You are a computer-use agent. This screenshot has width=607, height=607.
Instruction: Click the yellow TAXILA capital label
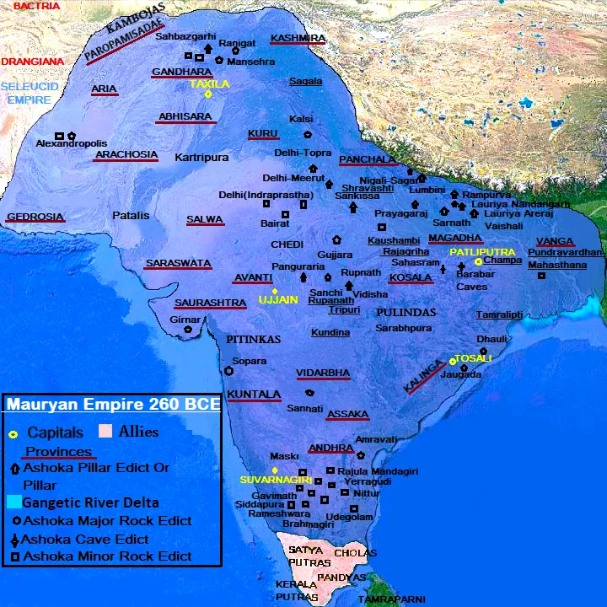209,84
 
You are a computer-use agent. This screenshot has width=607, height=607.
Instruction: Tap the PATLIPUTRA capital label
481,252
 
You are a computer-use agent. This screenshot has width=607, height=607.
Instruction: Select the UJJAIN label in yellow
277,300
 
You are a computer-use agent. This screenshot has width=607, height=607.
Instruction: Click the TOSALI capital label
473,358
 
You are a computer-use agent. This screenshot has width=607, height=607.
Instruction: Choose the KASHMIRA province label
298,39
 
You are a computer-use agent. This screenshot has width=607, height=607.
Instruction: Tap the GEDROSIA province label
35,217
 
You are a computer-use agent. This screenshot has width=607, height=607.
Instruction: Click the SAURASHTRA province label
210,303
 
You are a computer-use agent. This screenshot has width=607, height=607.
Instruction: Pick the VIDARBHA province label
323,373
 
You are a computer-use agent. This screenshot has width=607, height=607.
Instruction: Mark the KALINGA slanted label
424,376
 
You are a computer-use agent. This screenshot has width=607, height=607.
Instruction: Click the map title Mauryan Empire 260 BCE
113,405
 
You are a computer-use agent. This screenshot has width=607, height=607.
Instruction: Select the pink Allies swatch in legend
105,432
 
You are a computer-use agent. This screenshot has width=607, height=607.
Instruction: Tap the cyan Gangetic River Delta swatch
13,502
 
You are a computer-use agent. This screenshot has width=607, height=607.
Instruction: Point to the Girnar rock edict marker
188,330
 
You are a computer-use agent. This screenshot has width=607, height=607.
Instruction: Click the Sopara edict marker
228,371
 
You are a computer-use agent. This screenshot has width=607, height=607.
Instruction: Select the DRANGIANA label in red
32,62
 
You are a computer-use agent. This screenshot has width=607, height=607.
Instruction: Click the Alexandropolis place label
72,144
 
